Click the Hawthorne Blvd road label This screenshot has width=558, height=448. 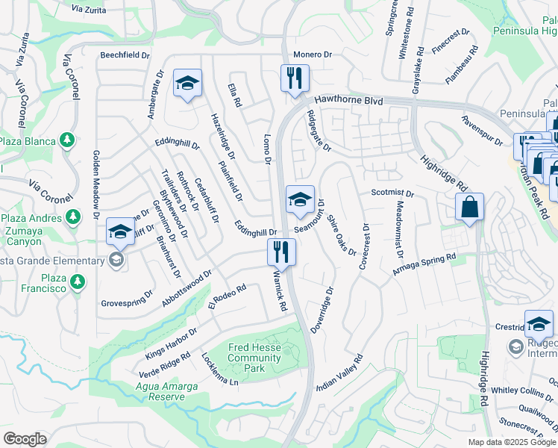pos(348,99)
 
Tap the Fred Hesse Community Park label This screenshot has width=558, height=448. pos(254,358)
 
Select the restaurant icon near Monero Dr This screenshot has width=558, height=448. pos(295,78)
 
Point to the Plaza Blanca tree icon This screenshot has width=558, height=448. pos(67,140)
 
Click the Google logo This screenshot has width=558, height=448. pos(25,439)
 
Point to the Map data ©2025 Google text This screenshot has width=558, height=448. pos(511,442)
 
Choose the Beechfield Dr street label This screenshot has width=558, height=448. pos(126,55)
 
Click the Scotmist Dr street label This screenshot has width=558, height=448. pos(392,193)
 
